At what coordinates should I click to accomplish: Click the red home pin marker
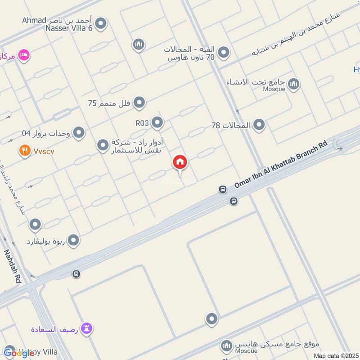(x=180, y=162)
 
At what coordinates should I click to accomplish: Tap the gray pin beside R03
(x=157, y=122)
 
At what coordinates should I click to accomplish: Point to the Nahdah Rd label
(x=13, y=266)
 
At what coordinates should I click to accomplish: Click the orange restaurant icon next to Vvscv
(x=24, y=151)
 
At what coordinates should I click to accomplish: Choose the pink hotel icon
(x=24, y=55)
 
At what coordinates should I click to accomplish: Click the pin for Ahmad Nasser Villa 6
(x=101, y=24)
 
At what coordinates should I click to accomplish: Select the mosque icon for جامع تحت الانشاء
(x=294, y=84)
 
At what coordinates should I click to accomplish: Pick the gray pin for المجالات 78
(x=259, y=125)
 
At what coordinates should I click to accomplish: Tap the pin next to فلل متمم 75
(x=139, y=103)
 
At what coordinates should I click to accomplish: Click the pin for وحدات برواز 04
(x=79, y=133)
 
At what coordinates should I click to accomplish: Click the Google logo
(x=19, y=353)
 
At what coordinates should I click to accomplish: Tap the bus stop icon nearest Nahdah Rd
(x=76, y=274)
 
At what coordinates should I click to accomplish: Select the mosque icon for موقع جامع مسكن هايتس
(x=226, y=346)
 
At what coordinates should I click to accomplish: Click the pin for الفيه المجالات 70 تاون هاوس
(x=224, y=54)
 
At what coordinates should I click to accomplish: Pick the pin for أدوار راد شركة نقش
(x=103, y=145)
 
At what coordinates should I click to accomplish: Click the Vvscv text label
(x=44, y=151)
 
